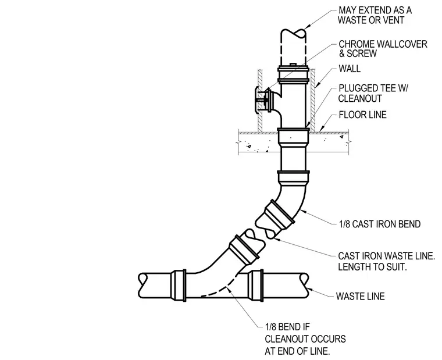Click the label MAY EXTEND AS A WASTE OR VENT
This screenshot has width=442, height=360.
(x=375, y=15)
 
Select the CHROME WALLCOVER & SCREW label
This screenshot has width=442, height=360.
(x=383, y=49)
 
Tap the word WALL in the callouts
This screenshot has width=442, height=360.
(x=350, y=69)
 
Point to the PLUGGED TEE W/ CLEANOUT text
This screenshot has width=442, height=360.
(x=373, y=93)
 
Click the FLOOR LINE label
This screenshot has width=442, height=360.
(x=362, y=115)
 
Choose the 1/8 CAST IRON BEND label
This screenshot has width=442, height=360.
(x=379, y=224)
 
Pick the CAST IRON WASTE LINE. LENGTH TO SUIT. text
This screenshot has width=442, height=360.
(x=387, y=261)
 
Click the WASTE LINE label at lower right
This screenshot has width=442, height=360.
(x=360, y=296)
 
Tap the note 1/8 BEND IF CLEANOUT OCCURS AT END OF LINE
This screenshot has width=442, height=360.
(x=305, y=339)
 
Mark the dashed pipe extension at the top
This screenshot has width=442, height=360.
(x=293, y=47)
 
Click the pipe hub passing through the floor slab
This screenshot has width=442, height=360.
(x=293, y=137)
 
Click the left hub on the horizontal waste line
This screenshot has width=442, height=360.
(x=179, y=286)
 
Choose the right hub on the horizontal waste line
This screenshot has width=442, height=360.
(x=256, y=286)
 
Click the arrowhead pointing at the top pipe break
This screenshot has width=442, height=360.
(x=306, y=26)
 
